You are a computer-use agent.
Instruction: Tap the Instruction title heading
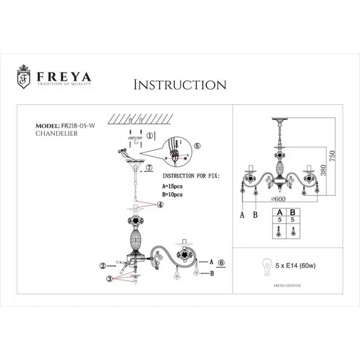(180, 85)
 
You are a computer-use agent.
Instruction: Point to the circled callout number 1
(149, 135)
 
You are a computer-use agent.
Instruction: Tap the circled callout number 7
(149, 169)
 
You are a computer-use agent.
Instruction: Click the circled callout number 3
(110, 279)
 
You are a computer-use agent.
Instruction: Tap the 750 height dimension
(330, 155)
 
